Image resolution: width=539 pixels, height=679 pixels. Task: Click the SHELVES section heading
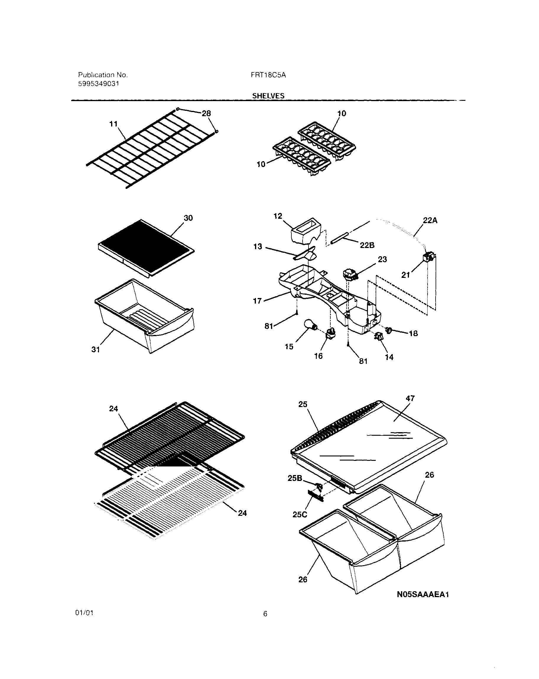[x=268, y=96]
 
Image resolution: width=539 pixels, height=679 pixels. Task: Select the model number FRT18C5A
[x=268, y=75]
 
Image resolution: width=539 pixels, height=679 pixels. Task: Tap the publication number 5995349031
[x=98, y=84]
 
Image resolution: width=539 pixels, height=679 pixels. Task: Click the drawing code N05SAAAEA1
[x=423, y=594]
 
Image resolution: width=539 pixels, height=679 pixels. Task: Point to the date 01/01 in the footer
[x=84, y=613]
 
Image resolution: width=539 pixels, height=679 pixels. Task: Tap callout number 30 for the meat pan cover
[x=188, y=218]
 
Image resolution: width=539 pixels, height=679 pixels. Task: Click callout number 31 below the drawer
[x=96, y=350]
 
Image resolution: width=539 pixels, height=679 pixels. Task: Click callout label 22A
[x=430, y=221]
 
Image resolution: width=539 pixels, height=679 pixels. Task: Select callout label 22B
[x=367, y=245]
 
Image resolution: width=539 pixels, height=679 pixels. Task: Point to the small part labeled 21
[x=428, y=257]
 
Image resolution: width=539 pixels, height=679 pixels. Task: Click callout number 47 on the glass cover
[x=410, y=398]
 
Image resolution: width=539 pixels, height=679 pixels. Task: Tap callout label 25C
[x=299, y=515]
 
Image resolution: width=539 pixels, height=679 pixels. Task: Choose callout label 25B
[x=295, y=478]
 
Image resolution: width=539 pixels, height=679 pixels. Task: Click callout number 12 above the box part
[x=278, y=216]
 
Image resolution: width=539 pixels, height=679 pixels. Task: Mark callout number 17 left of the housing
[x=257, y=301]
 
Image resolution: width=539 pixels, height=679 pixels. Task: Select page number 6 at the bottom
[x=265, y=613]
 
